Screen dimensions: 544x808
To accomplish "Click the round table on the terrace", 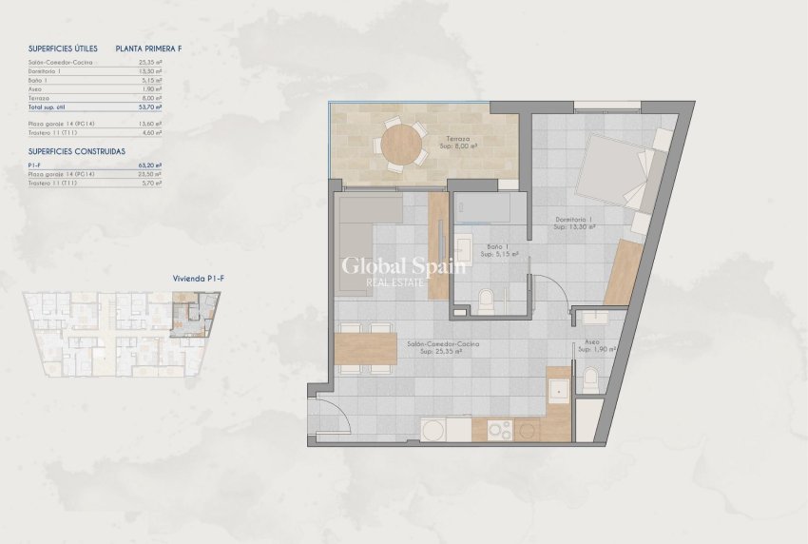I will click(401, 146).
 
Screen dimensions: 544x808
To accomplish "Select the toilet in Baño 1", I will click(486, 301).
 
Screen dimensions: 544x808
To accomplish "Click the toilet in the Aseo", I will click(589, 380).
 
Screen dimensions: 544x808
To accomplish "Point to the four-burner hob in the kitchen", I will click(499, 430).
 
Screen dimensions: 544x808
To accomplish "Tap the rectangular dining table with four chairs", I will click(366, 347).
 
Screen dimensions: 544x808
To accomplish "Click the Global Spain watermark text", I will click(403, 266).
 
